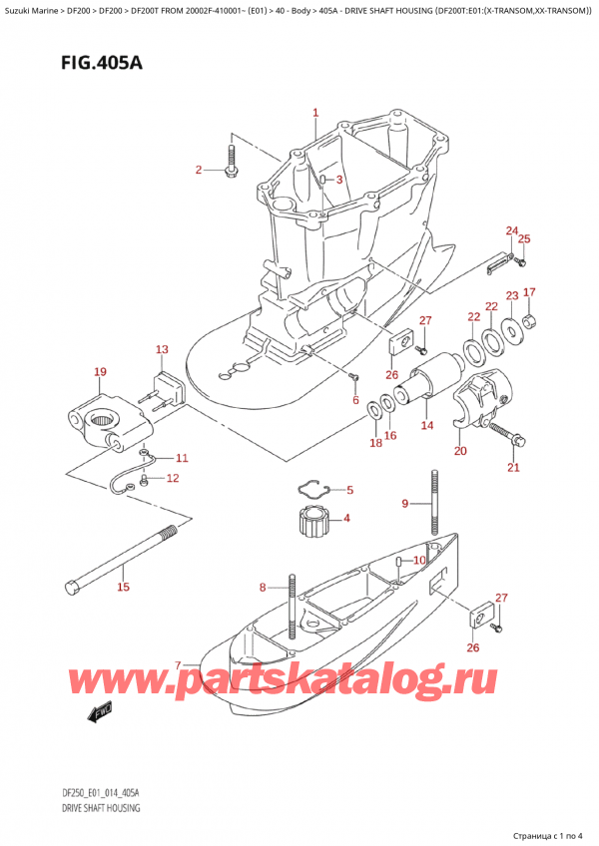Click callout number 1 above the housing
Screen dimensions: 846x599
tap(315, 113)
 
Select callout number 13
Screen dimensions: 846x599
tap(162, 349)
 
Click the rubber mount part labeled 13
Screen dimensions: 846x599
tap(166, 387)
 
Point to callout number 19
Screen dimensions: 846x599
tap(99, 372)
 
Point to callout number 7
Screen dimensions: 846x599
tap(179, 665)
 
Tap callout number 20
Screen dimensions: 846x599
tap(460, 451)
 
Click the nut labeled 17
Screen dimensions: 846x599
tap(532, 320)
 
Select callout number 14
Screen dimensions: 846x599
tap(426, 426)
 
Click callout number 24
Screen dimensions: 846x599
tap(511, 231)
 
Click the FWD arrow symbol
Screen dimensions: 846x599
tap(101, 713)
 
